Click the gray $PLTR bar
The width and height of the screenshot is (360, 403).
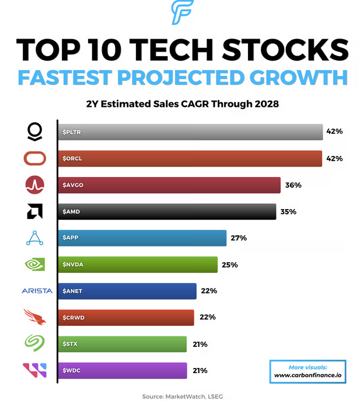coord(190,132)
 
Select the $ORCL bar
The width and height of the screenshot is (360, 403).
coord(190,159)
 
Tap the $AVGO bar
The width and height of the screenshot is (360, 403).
coord(169,185)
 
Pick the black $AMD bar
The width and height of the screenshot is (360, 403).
coord(166,211)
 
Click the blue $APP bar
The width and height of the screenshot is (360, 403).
coord(142,238)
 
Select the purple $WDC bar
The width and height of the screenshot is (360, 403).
coord(122,370)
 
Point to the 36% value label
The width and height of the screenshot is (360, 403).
coord(293,185)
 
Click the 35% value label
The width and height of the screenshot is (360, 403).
coord(288,211)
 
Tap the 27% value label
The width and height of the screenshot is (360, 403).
coord(239,238)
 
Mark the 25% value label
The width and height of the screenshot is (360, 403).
coord(229,265)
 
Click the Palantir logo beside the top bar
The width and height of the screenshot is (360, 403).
coord(35,131)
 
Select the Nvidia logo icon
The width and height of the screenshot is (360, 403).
coord(35,265)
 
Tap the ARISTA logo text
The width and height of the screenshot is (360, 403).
coord(36,291)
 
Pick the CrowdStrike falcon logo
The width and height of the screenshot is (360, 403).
coord(34,317)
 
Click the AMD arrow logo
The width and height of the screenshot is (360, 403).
coord(35,211)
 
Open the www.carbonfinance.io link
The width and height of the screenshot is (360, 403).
coord(308,375)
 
